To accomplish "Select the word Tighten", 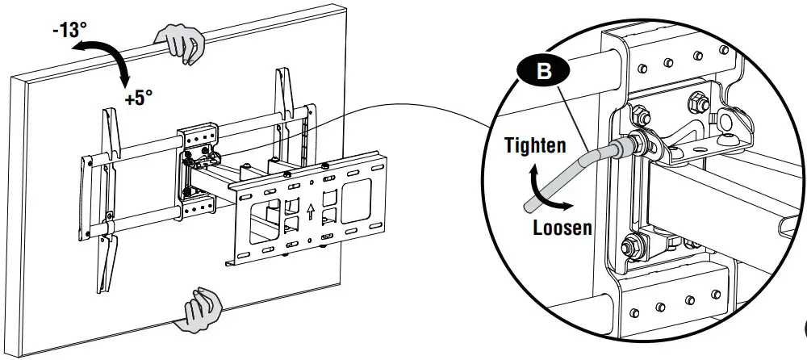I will click(x=534, y=145).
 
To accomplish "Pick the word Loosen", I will click(x=562, y=227).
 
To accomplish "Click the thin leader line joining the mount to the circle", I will click(x=403, y=108).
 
